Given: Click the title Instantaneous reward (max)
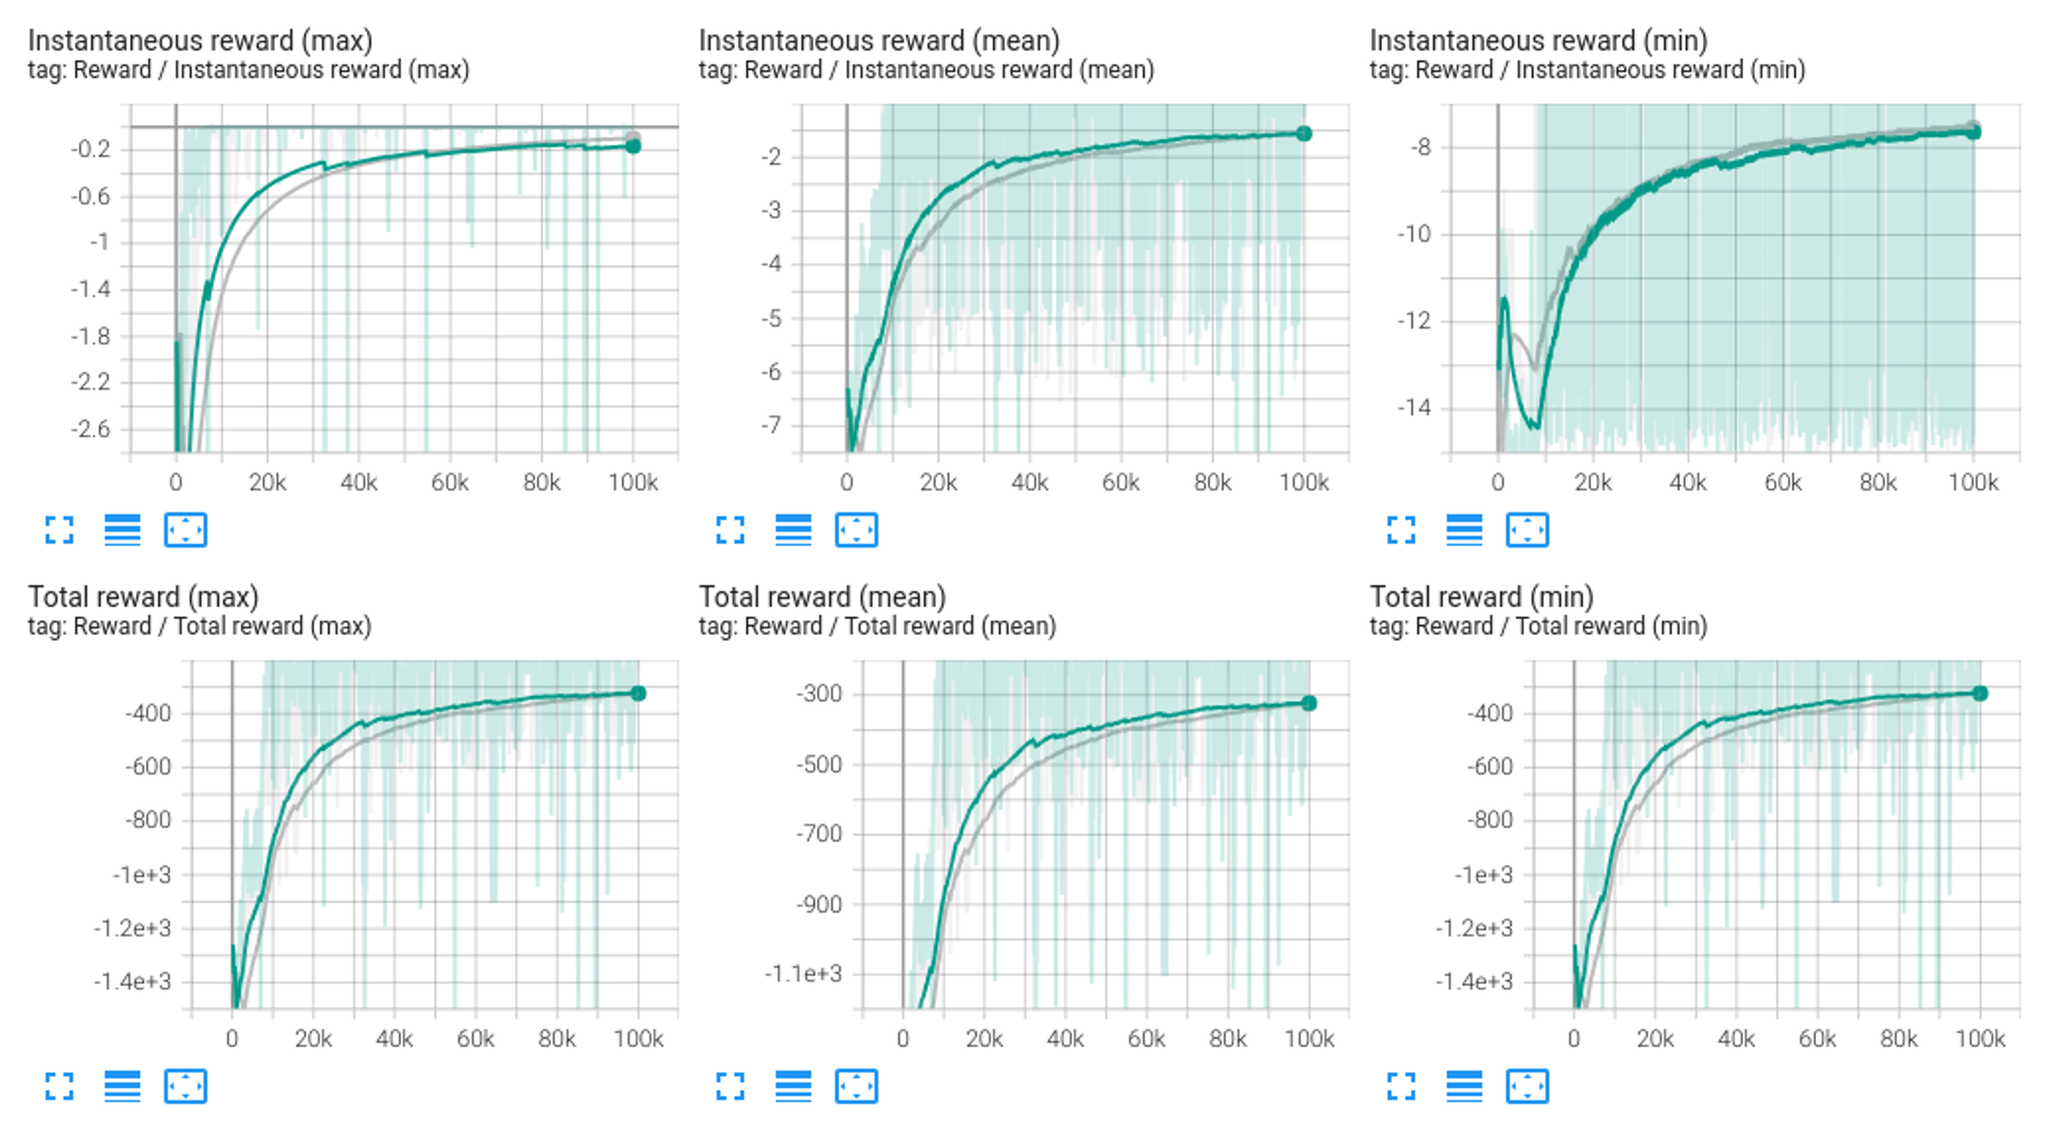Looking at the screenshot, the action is pos(200,40).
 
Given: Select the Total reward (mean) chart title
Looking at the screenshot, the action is pos(822,597).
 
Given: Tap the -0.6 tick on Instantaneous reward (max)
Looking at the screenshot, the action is pos(91,195).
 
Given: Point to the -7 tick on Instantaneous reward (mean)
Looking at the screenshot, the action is pos(770,425).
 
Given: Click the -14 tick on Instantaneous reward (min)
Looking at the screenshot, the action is pos(1413,407).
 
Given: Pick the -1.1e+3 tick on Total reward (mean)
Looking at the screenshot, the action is pos(803,974).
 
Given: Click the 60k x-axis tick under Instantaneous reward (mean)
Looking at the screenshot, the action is pos(1121,483).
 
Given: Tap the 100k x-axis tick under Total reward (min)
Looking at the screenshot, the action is pos(1980,1039).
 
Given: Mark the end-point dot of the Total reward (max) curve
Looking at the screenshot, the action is pos(639,694).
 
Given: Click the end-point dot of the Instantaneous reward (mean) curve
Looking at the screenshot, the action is pos(1304,133).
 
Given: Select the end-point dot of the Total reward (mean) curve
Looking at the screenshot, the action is pos(1309,704).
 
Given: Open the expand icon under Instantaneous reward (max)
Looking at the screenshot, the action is pos(59,530).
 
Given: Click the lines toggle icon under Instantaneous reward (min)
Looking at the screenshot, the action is pos(1464,530).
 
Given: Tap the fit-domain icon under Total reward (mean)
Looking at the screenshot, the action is pos(856,1087).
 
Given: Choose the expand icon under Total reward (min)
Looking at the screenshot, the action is pos(1402,1087).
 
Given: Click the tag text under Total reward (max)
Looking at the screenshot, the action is pos(199,627).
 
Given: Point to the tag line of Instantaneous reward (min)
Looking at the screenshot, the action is pos(1587,70).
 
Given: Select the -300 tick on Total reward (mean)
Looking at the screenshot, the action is pos(819,694).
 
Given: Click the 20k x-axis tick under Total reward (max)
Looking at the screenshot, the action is pos(314,1039).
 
